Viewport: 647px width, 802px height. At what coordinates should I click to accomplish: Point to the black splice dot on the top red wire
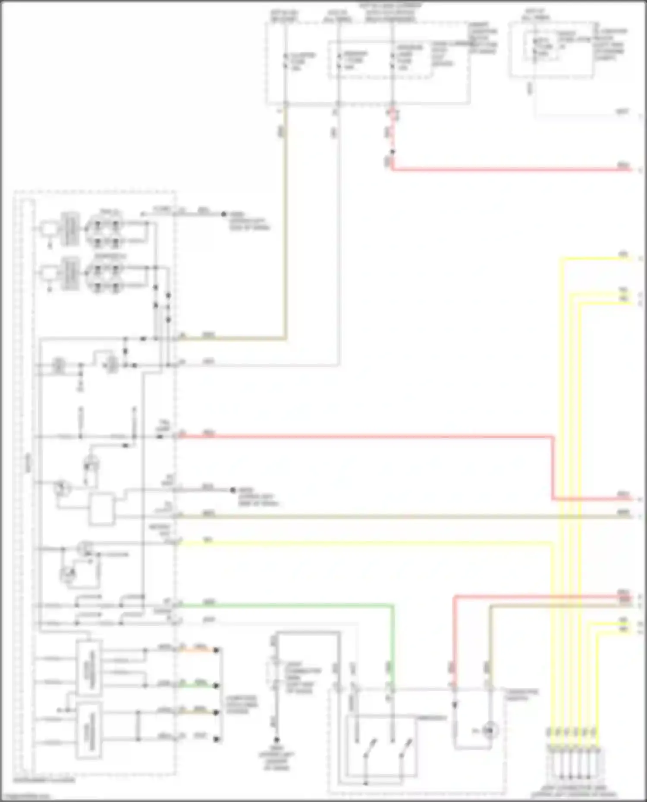(x=392, y=152)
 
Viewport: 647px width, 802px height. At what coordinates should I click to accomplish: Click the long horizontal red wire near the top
(x=509, y=169)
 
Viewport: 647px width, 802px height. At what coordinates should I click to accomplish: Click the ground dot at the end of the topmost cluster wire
(x=224, y=214)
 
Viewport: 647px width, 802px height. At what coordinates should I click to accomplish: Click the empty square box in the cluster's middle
(x=102, y=509)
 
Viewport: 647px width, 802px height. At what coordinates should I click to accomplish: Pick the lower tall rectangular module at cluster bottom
(x=89, y=730)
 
